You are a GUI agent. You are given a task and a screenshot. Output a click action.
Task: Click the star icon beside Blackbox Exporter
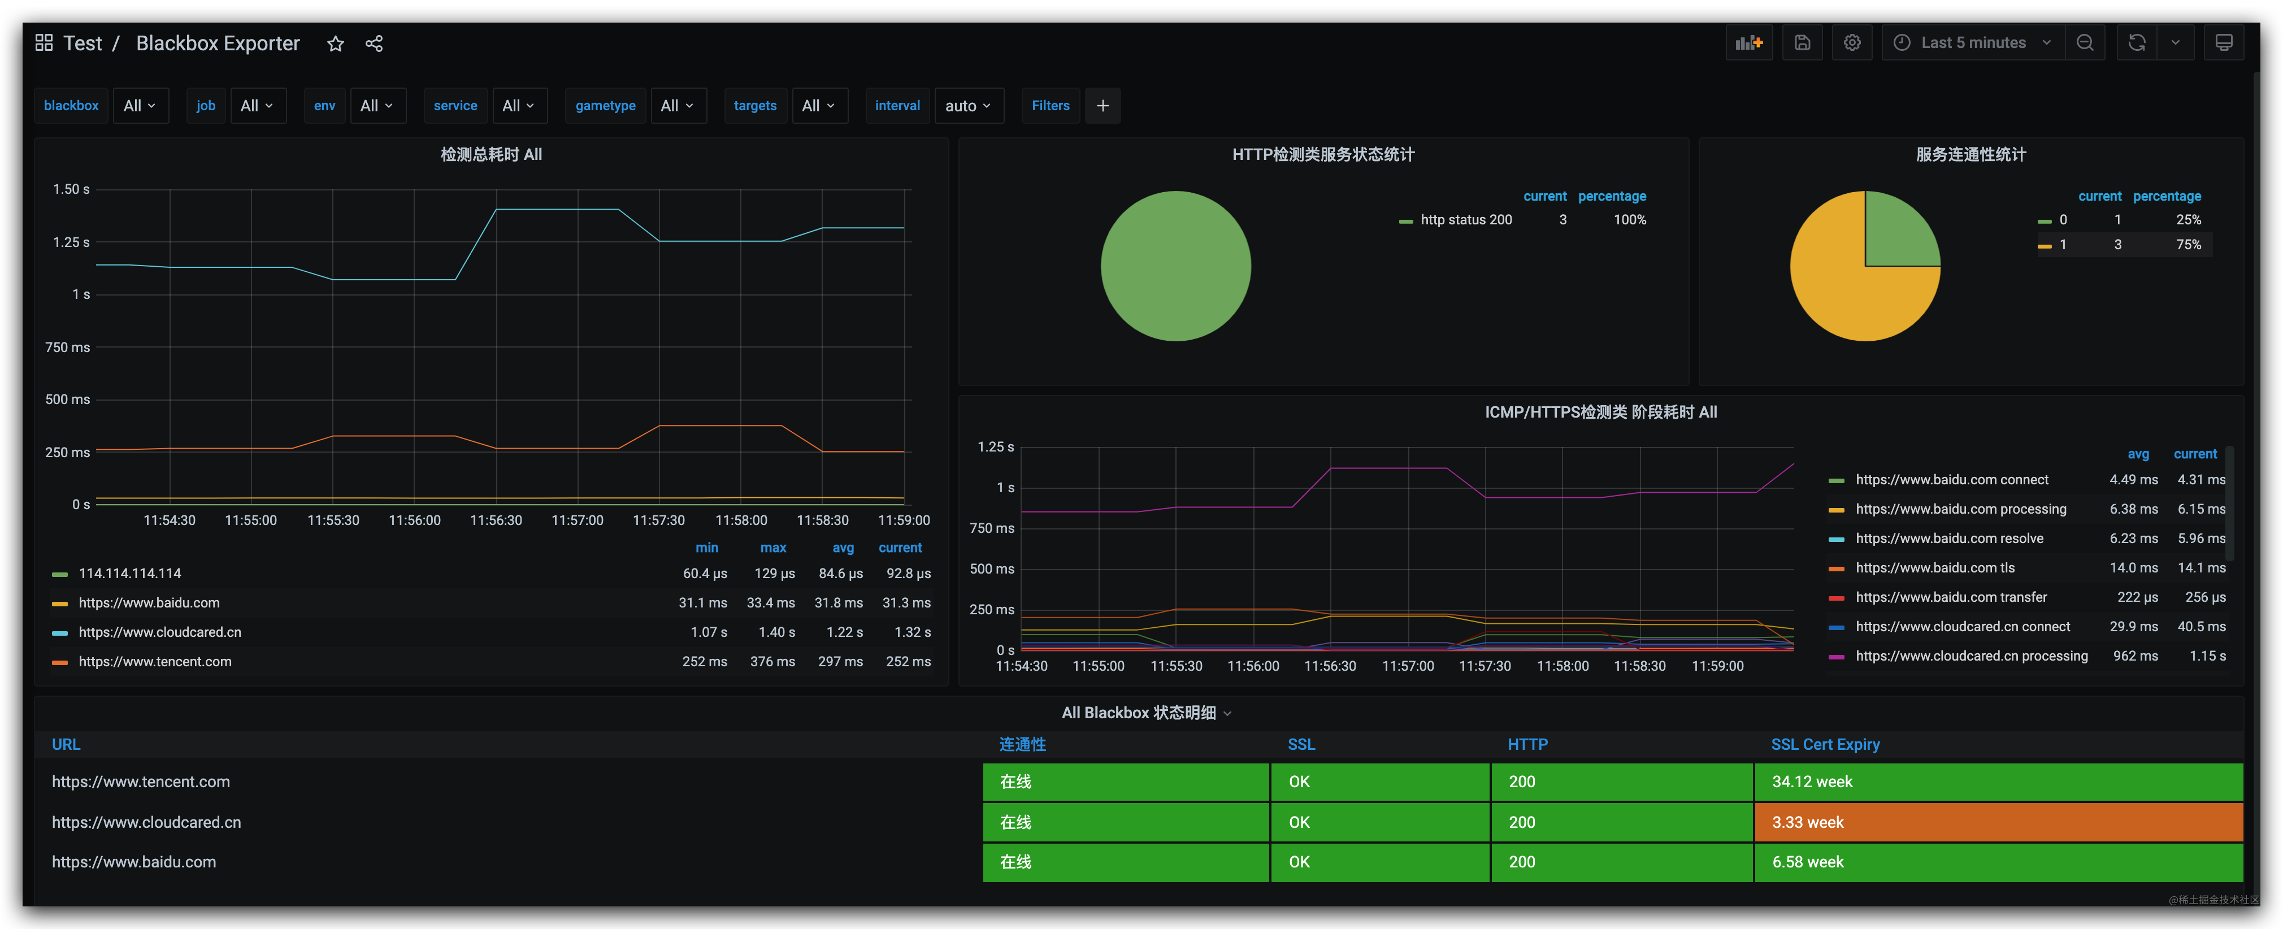pyautogui.click(x=335, y=44)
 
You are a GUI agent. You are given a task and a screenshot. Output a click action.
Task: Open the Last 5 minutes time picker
pyautogui.click(x=1972, y=42)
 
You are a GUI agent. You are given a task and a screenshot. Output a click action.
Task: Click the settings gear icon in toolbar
pyautogui.click(x=1851, y=42)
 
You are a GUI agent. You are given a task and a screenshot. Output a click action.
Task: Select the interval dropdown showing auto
pyautogui.click(x=968, y=106)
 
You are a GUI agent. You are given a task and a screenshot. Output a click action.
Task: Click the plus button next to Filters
pyautogui.click(x=1103, y=106)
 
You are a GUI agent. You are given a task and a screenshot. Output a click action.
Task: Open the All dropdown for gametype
pyautogui.click(x=677, y=106)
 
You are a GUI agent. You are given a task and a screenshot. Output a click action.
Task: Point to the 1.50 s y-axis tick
pyautogui.click(x=71, y=189)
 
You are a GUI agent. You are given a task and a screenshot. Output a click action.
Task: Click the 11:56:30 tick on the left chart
pyautogui.click(x=496, y=520)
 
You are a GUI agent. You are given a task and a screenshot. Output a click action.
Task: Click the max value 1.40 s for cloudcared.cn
pyautogui.click(x=776, y=632)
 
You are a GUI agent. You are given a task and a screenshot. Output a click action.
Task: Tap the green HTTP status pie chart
pyautogui.click(x=1175, y=266)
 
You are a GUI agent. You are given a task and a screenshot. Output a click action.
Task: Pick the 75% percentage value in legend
pyautogui.click(x=2187, y=245)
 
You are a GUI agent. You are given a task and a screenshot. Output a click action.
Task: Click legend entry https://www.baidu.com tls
pyautogui.click(x=1935, y=567)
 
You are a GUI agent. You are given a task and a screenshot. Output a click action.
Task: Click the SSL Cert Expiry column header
pyautogui.click(x=1825, y=745)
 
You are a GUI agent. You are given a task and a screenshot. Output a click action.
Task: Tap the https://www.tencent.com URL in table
pyautogui.click(x=141, y=782)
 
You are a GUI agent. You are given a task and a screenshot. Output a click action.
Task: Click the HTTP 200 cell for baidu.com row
pyautogui.click(x=1620, y=862)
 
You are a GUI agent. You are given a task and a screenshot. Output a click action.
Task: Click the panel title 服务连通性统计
pyautogui.click(x=1970, y=154)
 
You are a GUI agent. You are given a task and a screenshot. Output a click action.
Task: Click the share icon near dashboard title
pyautogui.click(x=374, y=44)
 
